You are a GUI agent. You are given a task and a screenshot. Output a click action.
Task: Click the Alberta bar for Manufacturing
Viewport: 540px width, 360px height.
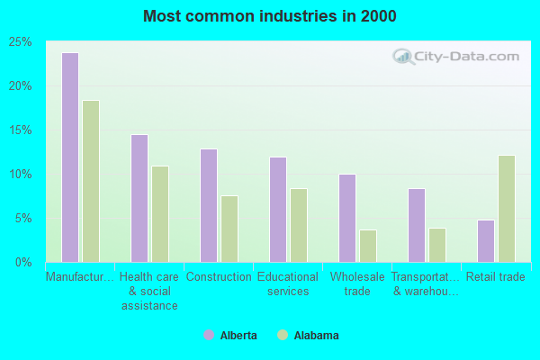[x=69, y=157]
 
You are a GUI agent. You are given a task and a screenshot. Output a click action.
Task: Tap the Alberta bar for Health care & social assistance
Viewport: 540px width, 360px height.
[x=139, y=198]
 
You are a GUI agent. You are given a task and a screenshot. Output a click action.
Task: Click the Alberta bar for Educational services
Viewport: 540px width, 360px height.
[x=277, y=210]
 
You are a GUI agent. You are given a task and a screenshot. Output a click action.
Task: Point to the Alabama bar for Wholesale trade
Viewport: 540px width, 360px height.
[x=367, y=246]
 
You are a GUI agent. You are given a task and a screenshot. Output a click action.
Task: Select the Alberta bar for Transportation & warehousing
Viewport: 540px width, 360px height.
[x=416, y=225]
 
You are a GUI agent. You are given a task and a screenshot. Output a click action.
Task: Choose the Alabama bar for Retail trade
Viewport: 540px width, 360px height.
[x=506, y=209]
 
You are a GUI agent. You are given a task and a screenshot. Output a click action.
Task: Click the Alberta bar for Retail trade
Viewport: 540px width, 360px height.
[x=485, y=240]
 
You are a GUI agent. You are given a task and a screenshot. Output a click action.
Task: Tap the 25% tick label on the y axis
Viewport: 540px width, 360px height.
[x=21, y=42]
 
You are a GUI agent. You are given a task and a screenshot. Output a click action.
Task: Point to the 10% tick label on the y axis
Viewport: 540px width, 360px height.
[x=21, y=175]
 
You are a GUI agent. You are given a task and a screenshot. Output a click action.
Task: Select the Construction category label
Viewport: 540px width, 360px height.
[x=219, y=277]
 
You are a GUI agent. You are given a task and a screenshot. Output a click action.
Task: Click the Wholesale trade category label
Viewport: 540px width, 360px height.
[x=357, y=283]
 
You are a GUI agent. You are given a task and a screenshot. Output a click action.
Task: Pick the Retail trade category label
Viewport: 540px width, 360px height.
[x=495, y=277]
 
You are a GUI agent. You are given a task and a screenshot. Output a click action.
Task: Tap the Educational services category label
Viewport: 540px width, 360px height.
[x=288, y=283]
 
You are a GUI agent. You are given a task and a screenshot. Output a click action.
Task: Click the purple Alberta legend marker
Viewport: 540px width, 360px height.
[x=209, y=336]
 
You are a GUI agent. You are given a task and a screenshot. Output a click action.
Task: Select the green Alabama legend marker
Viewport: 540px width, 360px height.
[x=283, y=336]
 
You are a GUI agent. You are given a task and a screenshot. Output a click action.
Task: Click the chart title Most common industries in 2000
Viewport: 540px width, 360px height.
[x=269, y=16]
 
